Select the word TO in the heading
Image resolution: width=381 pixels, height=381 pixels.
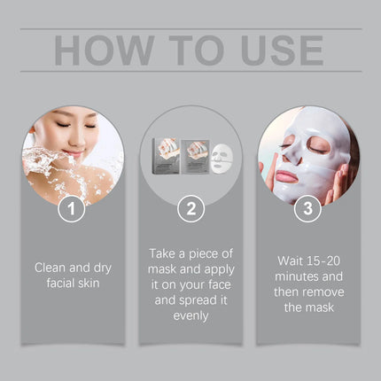(x=184, y=50)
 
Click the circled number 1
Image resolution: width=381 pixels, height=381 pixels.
(x=72, y=211)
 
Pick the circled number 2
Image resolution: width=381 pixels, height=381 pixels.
(x=190, y=211)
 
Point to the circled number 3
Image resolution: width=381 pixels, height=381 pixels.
(x=307, y=211)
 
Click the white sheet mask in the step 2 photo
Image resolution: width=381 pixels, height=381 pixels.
(x=222, y=159)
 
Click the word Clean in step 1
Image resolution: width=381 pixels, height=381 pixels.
(x=51, y=266)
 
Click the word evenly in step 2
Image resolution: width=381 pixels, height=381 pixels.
(x=190, y=315)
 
